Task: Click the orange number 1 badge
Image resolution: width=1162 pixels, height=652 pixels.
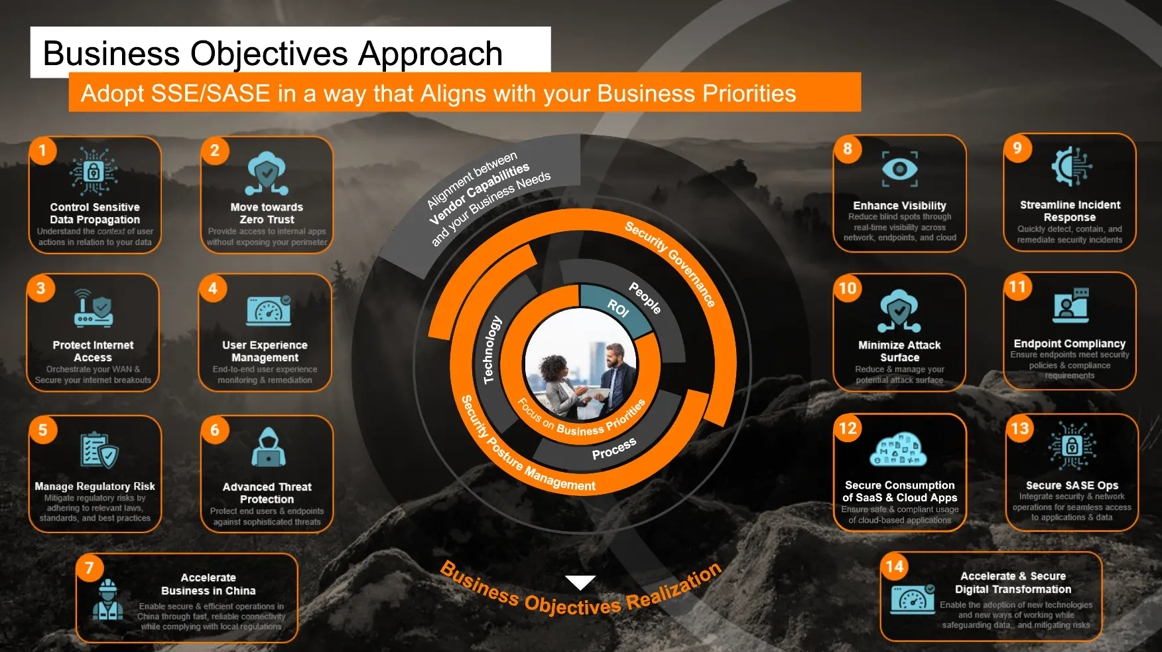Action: pyautogui.click(x=42, y=151)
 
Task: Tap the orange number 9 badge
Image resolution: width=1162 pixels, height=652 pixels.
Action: pyautogui.click(x=1017, y=148)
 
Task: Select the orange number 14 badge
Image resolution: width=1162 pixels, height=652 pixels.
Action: pyautogui.click(x=895, y=566)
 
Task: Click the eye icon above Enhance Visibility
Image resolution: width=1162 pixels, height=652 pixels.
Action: pyautogui.click(x=899, y=169)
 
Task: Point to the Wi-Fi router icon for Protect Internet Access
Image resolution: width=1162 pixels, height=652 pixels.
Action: pyautogui.click(x=94, y=308)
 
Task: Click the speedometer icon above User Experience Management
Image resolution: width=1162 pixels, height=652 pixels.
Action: pyautogui.click(x=269, y=310)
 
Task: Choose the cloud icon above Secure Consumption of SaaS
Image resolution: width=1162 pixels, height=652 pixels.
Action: pyautogui.click(x=898, y=449)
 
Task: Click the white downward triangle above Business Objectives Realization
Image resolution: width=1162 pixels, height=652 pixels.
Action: pyautogui.click(x=580, y=582)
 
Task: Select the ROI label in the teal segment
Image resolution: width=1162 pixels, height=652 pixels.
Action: pyautogui.click(x=618, y=308)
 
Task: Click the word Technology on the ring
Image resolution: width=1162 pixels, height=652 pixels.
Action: pyautogui.click(x=491, y=350)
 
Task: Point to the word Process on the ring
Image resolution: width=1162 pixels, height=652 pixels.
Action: pyautogui.click(x=614, y=449)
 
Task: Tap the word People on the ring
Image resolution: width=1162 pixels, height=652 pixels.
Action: pyautogui.click(x=645, y=297)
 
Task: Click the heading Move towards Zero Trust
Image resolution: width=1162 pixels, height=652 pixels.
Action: pyautogui.click(x=267, y=213)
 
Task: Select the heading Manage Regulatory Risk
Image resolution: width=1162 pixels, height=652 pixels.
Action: pyautogui.click(x=95, y=486)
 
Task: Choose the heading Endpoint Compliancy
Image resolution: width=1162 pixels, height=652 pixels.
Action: pyautogui.click(x=1070, y=343)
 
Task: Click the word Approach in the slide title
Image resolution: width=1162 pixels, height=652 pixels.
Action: pyautogui.click(x=430, y=54)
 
